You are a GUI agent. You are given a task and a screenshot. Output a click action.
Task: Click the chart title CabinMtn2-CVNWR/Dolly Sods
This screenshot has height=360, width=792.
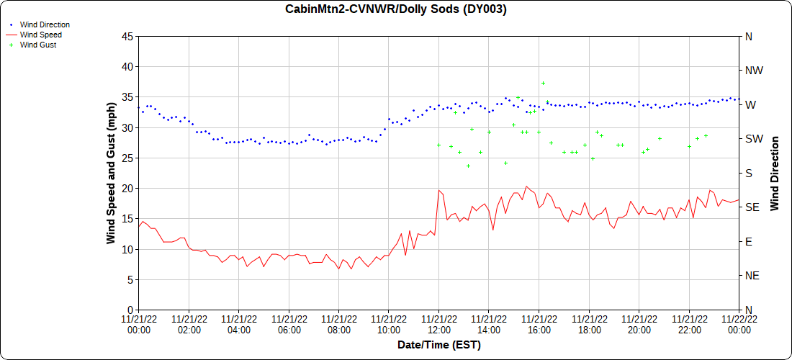tap(396, 9)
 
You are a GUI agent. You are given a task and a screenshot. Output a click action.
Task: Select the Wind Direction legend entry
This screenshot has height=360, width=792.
tap(45, 24)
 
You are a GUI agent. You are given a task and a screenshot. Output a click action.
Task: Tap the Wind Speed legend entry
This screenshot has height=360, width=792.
tap(40, 35)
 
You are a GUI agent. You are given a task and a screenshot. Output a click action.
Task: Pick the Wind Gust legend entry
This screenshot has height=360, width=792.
tap(38, 45)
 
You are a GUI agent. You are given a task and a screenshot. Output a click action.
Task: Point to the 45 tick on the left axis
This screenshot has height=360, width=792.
tap(127, 36)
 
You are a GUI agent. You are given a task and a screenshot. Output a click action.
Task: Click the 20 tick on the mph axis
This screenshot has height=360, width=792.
tap(127, 188)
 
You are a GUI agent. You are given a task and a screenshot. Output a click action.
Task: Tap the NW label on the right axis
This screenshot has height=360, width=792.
tap(753, 71)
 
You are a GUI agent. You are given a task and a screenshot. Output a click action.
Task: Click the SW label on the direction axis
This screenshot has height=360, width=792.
tap(753, 138)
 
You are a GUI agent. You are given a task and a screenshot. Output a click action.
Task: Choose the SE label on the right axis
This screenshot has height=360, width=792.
tap(752, 207)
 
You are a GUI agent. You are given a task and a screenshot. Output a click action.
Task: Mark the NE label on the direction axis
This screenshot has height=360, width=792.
tap(752, 275)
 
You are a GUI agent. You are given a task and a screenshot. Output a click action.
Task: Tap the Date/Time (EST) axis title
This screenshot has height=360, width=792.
tap(438, 345)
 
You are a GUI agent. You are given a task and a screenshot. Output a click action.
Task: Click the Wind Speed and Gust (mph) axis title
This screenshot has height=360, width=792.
tap(111, 173)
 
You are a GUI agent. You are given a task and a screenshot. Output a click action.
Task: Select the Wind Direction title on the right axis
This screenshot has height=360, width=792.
tap(775, 173)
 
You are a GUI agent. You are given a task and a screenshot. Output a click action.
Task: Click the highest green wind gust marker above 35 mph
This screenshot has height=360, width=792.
tap(543, 83)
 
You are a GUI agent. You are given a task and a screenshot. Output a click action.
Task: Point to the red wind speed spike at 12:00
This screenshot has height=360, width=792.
tap(438, 190)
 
